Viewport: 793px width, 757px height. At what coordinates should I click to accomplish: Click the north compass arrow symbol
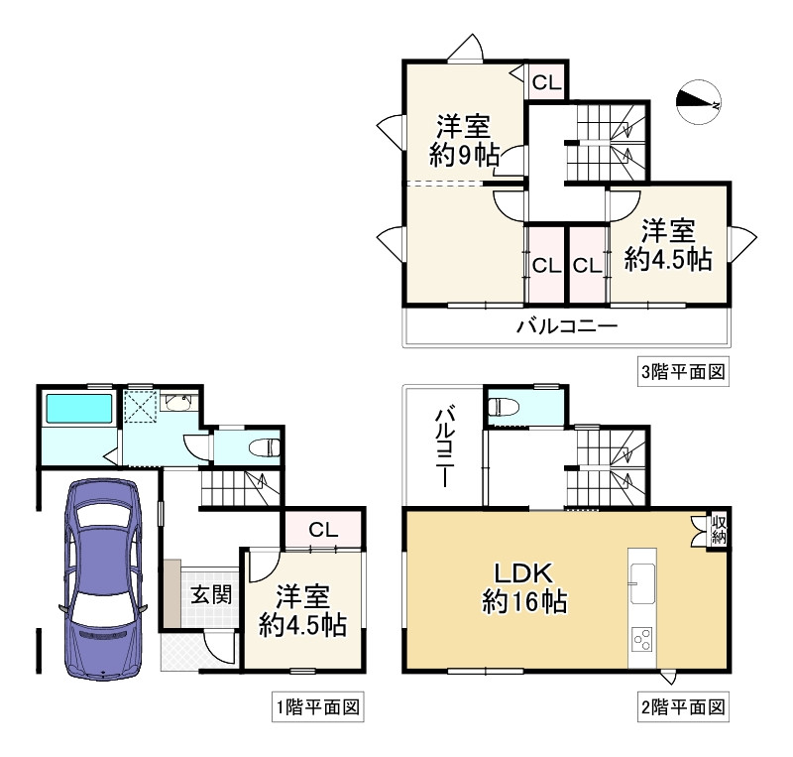(x=698, y=100)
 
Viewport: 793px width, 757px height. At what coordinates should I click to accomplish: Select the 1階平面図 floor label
(x=316, y=707)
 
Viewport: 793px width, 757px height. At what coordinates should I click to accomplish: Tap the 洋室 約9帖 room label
(x=464, y=141)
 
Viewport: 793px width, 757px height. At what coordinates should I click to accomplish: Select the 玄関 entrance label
(x=210, y=595)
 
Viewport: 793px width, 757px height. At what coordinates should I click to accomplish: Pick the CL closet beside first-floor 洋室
(x=321, y=530)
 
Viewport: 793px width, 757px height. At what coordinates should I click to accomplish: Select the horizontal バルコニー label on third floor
(x=566, y=326)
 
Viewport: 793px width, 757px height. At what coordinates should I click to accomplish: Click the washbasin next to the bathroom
(x=179, y=403)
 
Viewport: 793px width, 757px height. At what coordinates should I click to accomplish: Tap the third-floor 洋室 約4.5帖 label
(x=667, y=245)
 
